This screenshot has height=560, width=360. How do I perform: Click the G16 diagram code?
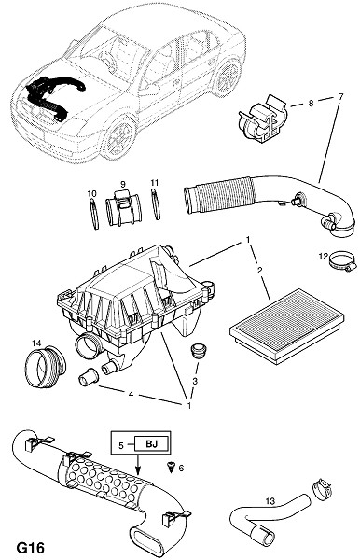tap(31, 548)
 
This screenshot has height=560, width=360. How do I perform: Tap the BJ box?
tap(151, 444)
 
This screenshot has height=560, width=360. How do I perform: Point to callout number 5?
tap(121, 445)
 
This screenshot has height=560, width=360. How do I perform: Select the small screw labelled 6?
tap(171, 467)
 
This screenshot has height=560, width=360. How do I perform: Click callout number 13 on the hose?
tap(270, 501)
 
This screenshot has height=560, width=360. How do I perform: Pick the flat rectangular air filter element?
tap(287, 326)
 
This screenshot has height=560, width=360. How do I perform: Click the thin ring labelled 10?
tap(93, 214)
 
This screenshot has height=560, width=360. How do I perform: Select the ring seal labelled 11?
tap(156, 204)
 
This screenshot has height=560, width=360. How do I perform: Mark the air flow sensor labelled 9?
tap(123, 208)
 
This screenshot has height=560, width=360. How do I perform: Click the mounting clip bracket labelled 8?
tap(262, 118)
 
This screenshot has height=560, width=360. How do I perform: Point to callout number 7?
tap(340, 97)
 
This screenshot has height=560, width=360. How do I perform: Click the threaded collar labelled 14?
tap(45, 366)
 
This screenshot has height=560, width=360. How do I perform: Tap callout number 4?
tap(131, 394)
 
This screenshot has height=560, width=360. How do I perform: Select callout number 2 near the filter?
tap(259, 271)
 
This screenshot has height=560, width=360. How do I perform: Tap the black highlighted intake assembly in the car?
tap(53, 96)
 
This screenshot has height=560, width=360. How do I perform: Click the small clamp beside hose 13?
tap(322, 489)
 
